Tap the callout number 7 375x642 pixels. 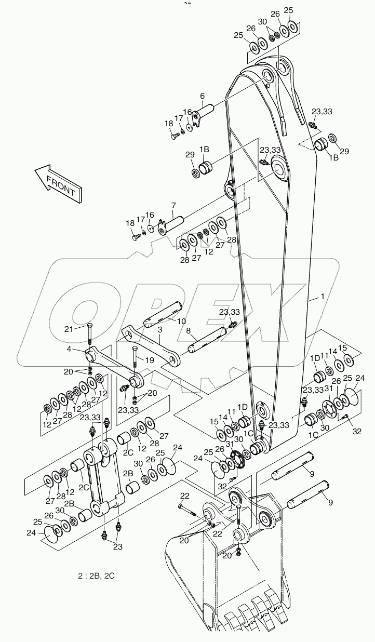(x=173, y=207)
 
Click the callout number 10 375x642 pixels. (x=181, y=322)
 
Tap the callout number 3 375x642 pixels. (x=160, y=330)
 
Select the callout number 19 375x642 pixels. (x=150, y=359)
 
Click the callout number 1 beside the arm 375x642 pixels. (x=323, y=297)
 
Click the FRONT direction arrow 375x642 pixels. (x=57, y=183)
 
